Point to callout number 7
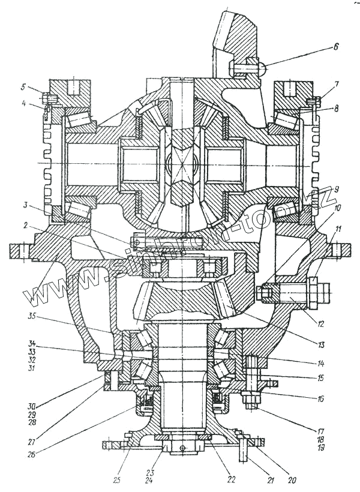[x=337, y=85]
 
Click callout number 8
[x=337, y=109]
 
